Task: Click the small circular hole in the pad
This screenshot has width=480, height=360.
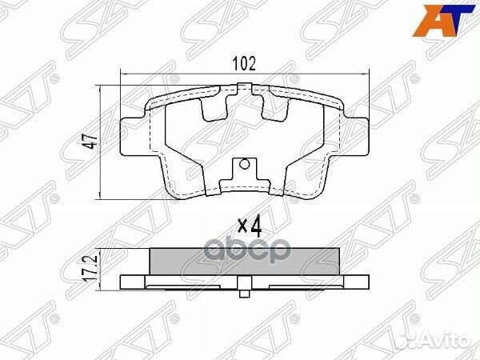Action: (246, 168)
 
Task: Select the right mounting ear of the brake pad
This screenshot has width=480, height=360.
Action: (358, 136)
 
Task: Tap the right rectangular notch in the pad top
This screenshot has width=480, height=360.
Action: (277, 104)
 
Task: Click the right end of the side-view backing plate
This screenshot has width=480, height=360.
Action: (366, 282)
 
